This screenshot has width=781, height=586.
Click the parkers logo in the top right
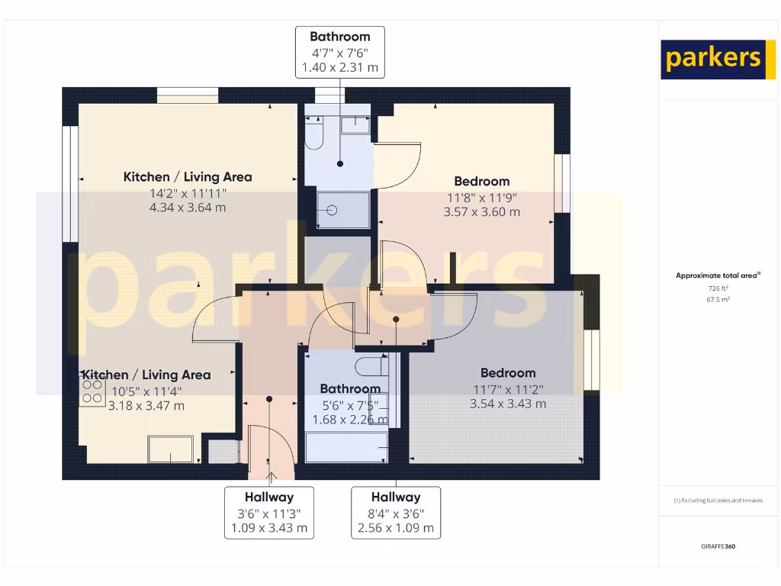tap(712, 59)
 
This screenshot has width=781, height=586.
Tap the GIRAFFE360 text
tap(718, 546)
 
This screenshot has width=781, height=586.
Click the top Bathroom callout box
tap(340, 52)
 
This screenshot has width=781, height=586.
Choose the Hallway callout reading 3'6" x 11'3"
tap(268, 512)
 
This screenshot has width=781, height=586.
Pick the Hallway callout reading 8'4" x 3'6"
tap(396, 512)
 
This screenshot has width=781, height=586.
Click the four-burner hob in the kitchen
tap(92, 391)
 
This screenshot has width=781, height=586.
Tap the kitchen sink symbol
tap(170, 449)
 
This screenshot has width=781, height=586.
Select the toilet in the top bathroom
tap(314, 136)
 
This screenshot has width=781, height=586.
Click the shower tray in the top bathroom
tap(343, 210)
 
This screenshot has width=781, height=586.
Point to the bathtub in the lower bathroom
tap(346, 446)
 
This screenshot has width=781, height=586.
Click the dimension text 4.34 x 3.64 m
tap(188, 207)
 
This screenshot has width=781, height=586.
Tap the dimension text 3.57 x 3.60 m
tap(481, 211)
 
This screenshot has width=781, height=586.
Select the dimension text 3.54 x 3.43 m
tap(508, 403)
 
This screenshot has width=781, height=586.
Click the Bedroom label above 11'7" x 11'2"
tap(508, 373)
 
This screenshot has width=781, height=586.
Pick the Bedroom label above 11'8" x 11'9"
tap(481, 182)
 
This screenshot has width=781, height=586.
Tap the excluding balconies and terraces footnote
tap(718, 501)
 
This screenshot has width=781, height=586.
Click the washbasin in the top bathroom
tap(355, 124)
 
